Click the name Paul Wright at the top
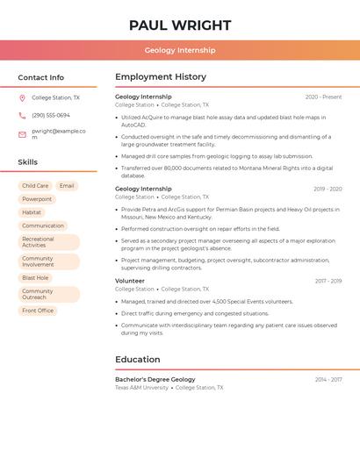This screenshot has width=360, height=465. [180, 24]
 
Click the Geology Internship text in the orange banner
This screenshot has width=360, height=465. [180, 50]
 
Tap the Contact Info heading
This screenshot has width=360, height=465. [41, 77]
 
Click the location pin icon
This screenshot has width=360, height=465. [22, 98]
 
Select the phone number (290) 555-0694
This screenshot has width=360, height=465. [51, 115]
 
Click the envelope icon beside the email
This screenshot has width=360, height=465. [22, 132]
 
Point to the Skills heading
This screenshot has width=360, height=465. [28, 162]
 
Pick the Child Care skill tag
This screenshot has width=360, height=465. [35, 186]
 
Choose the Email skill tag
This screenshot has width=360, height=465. [67, 186]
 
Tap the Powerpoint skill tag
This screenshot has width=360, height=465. [37, 199]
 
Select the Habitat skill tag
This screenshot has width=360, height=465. [32, 212]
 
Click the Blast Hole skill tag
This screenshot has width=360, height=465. [35, 277]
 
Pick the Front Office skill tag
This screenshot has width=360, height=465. [38, 311]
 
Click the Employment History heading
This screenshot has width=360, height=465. [161, 77]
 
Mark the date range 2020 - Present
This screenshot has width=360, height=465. [323, 97]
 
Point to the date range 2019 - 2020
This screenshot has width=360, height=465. [328, 189]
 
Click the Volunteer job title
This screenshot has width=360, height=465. [130, 281]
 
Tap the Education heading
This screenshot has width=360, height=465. [138, 359]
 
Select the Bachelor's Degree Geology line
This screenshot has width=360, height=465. [155, 379]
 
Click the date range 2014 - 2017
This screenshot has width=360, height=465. [328, 379]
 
